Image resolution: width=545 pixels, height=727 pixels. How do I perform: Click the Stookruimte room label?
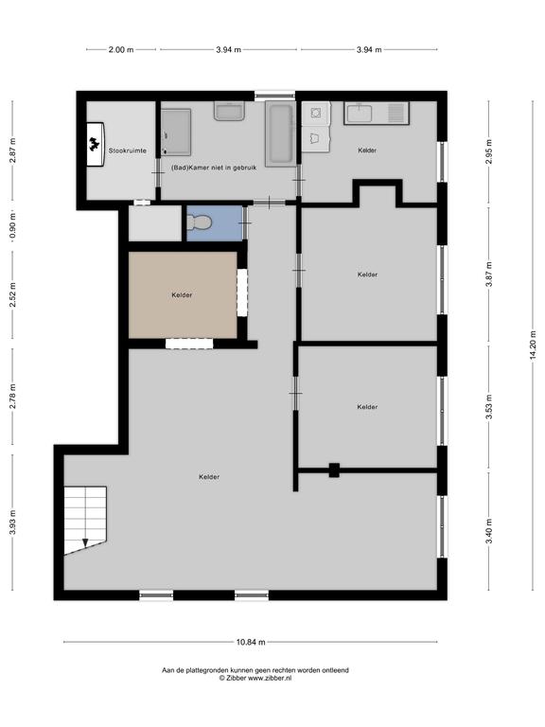[128, 151]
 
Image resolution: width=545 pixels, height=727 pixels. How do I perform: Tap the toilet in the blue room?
[200, 223]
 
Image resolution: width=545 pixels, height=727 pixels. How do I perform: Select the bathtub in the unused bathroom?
[280, 134]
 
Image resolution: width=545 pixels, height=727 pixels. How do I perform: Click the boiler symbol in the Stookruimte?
[95, 144]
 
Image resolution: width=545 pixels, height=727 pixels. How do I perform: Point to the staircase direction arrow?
[85, 542]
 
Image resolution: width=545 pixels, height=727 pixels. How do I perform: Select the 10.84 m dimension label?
[251, 642]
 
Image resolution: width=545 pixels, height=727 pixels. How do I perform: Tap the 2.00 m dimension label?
[121, 49]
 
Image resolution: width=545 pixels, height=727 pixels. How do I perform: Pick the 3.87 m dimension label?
[489, 275]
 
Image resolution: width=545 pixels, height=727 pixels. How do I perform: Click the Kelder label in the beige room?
[182, 295]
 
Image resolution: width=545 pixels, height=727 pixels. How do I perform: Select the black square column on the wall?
[334, 470]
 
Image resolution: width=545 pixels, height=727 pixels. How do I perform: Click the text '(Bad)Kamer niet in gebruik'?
[214, 168]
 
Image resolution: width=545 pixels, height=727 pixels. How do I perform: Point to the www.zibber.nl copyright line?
[255, 678]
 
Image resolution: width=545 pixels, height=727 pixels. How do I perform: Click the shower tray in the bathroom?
[176, 133]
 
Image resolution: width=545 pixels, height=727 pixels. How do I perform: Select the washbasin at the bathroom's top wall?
[229, 112]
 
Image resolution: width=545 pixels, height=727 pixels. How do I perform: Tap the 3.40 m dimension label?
[489, 532]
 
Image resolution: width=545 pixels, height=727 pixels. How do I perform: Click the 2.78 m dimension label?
[13, 396]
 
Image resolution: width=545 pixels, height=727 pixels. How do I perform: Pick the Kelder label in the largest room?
[209, 477]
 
